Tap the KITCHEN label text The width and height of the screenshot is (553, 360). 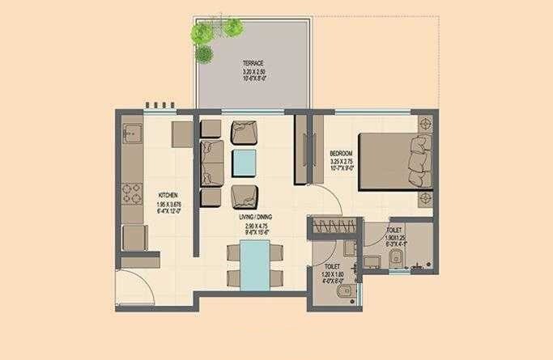click(168, 195)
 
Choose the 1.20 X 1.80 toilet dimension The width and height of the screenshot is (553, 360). click(332, 273)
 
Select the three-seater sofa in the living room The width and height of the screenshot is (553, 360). click(212, 162)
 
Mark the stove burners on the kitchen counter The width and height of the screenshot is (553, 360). click(132, 194)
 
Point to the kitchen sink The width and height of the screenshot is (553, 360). click(132, 133)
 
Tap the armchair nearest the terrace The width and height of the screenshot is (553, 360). click(244, 130)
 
